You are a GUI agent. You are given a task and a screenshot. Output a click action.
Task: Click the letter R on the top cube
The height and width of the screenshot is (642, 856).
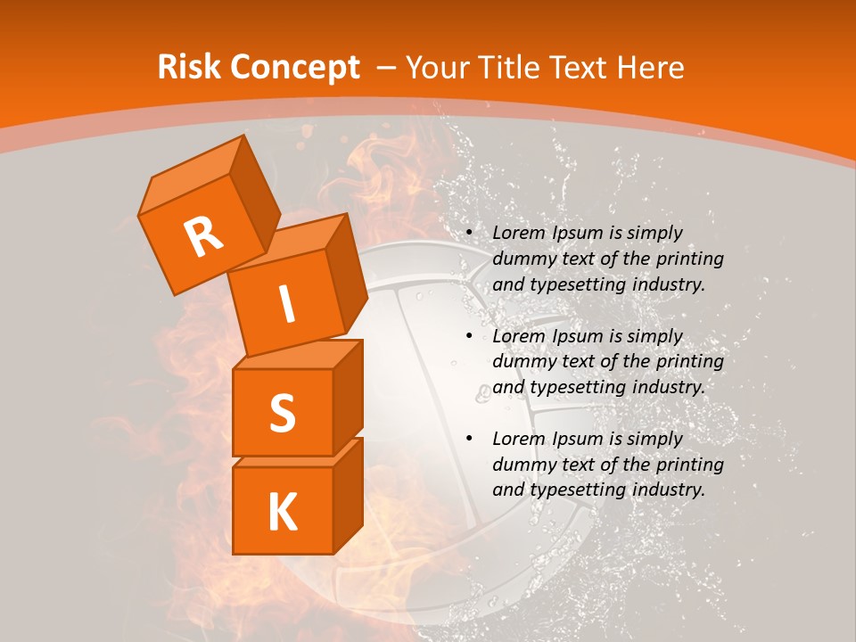(x=203, y=236)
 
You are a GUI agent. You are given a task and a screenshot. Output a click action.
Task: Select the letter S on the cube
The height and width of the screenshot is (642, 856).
(x=282, y=412)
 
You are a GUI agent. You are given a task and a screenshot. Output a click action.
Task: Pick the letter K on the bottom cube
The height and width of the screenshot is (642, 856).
(x=282, y=512)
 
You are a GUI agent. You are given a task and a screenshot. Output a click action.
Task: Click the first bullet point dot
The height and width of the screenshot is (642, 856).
(x=469, y=234)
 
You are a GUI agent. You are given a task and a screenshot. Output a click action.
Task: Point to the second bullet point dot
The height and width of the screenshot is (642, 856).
(x=469, y=337)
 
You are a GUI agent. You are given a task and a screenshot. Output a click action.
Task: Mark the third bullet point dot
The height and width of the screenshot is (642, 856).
(x=469, y=440)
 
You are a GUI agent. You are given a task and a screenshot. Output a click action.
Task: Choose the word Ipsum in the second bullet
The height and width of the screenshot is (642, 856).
(x=576, y=336)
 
